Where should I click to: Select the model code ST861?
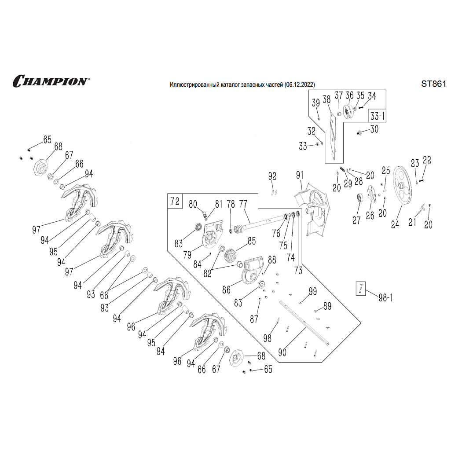(433, 84)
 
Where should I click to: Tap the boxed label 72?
(175, 202)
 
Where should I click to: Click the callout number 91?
(300, 175)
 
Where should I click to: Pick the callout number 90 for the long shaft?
(282, 352)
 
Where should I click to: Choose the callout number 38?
(326, 99)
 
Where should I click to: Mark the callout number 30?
(374, 129)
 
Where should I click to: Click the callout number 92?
(272, 176)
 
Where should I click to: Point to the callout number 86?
(226, 290)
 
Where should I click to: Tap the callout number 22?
(427, 159)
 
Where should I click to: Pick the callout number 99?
(312, 291)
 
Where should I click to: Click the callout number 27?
(356, 220)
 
